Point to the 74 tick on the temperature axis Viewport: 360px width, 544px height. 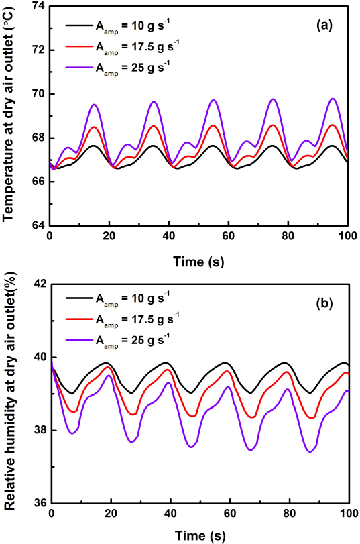[36, 5]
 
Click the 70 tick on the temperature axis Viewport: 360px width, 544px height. [36, 94]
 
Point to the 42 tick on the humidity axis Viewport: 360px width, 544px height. [36, 284]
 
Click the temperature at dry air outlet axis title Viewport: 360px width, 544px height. [10, 115]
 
